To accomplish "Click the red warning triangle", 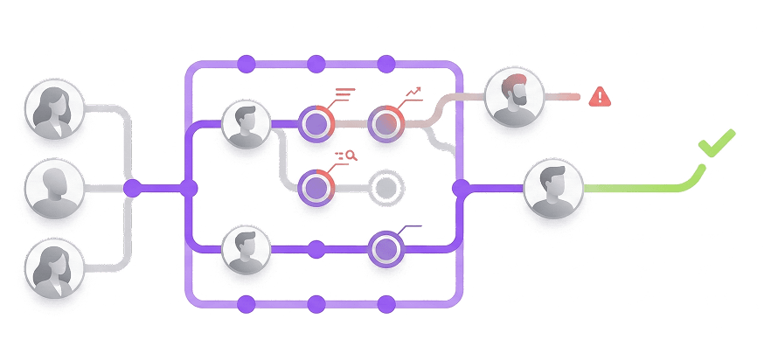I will (600, 96).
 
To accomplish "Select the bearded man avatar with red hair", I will (514, 96).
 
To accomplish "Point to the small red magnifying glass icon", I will (350, 156).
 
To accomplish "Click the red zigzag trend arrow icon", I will (414, 91).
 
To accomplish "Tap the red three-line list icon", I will (344, 91).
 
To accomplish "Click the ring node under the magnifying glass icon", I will (316, 186).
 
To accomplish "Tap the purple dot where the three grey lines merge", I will (132, 187).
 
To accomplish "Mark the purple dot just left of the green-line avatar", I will (461, 187).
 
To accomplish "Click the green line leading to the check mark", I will (638, 187).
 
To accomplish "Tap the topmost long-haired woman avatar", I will (54, 112).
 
